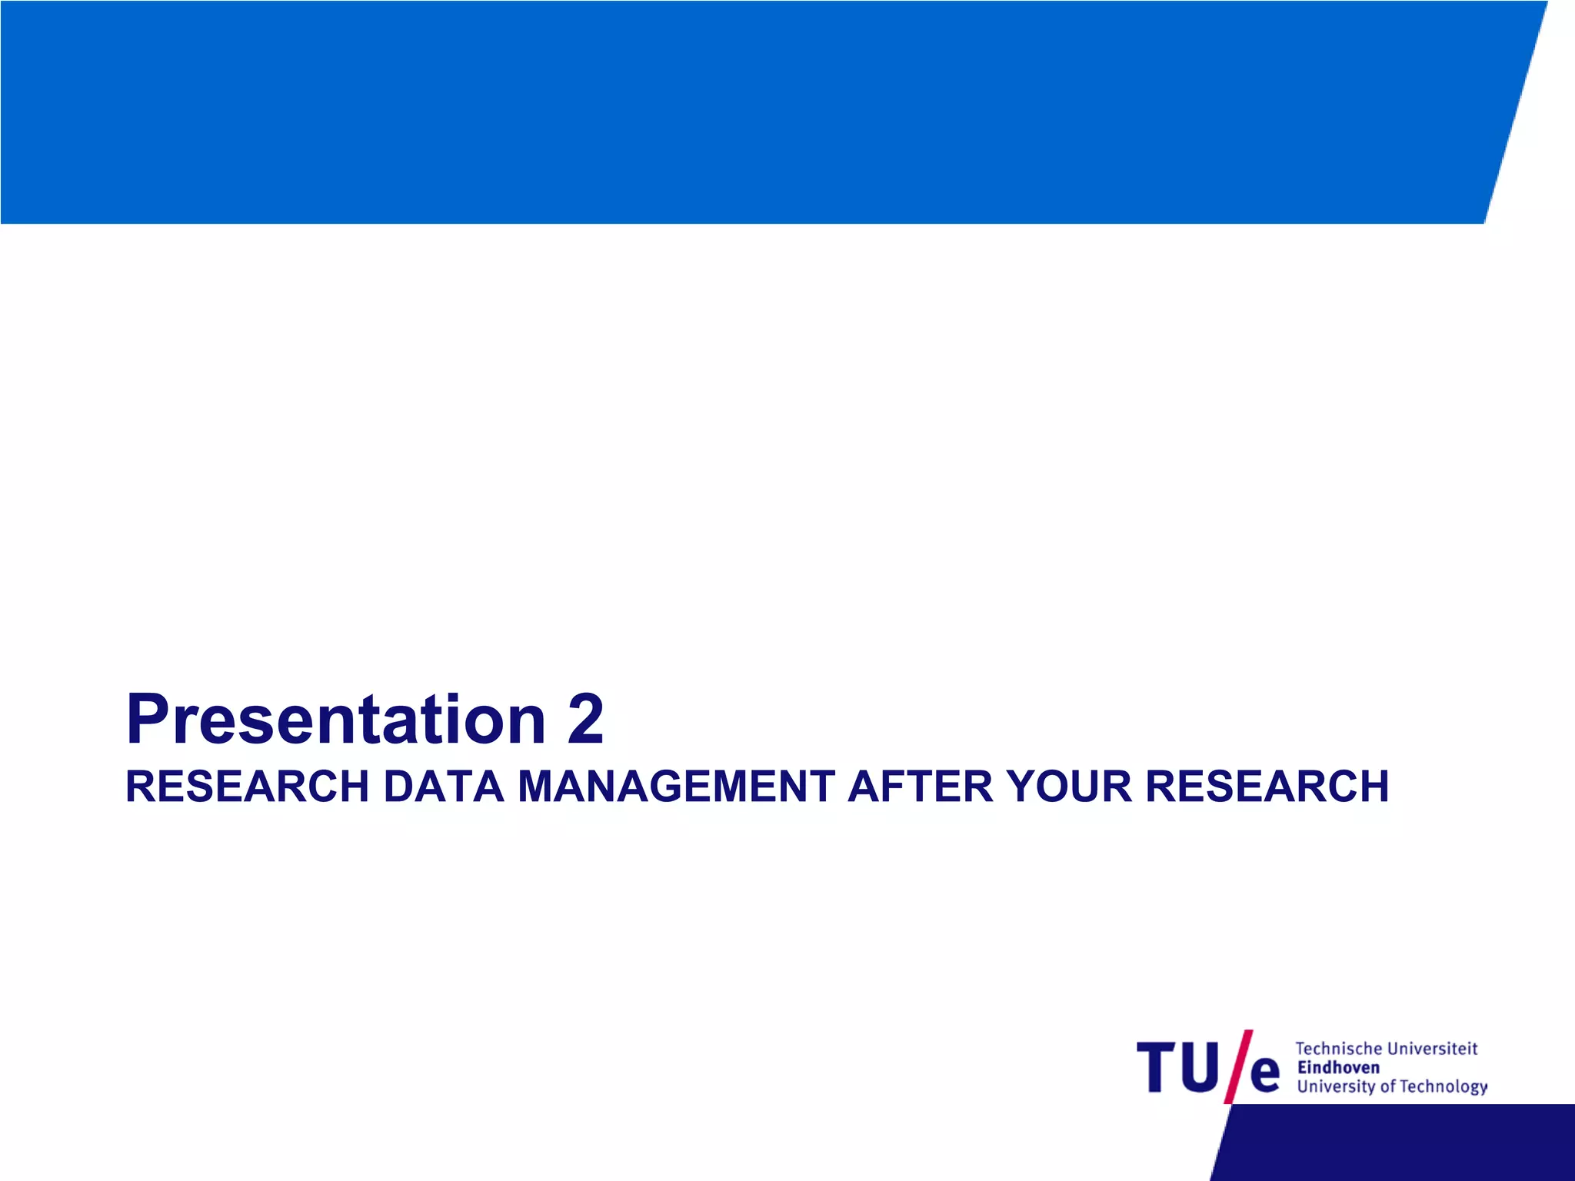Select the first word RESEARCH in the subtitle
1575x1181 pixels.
pos(247,787)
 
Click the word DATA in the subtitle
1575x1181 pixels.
pos(443,787)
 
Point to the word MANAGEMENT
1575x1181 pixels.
pos(676,787)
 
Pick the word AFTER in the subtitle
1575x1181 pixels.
pos(920,787)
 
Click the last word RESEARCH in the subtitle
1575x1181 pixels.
pos(1267,787)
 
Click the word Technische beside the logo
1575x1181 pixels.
pos(1339,1049)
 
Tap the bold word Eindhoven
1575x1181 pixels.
pos(1338,1067)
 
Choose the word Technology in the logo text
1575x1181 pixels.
pos(1443,1086)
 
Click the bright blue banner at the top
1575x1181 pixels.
pos(738,111)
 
